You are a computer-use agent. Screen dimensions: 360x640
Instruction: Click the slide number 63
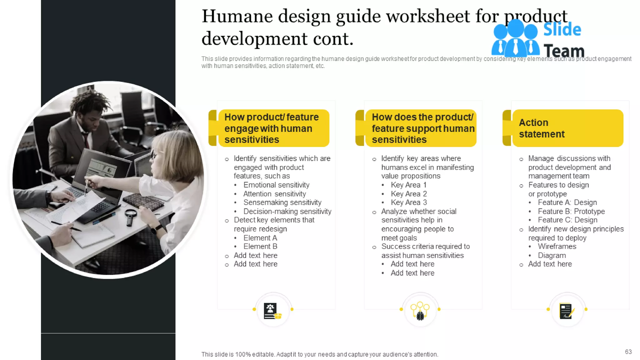click(x=628, y=352)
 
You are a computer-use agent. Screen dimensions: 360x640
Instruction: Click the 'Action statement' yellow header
click(x=567, y=128)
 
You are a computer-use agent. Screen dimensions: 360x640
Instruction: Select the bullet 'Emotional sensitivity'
click(x=276, y=185)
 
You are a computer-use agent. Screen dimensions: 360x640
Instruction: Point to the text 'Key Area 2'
click(x=409, y=194)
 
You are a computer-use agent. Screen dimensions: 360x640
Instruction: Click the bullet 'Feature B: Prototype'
click(x=571, y=212)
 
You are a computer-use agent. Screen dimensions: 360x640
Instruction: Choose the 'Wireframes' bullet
click(x=557, y=247)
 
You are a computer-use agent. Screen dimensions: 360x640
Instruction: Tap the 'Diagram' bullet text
click(x=552, y=256)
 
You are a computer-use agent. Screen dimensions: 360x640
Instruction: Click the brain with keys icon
click(x=420, y=311)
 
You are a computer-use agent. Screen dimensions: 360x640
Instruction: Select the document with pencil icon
click(x=567, y=311)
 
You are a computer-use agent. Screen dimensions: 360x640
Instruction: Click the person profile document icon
click(x=272, y=311)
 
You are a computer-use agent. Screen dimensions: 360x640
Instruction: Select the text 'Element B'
click(x=260, y=247)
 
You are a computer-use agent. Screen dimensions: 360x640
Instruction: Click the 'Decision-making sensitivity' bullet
click(x=287, y=212)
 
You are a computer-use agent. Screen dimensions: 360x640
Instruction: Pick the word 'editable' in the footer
click(x=263, y=354)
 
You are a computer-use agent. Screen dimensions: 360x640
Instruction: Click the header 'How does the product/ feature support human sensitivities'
click(x=422, y=128)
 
